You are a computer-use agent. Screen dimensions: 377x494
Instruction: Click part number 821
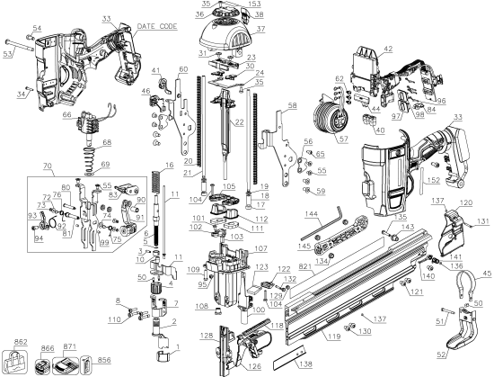coord(306,267)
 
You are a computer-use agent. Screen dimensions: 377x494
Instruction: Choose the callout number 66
coord(66,113)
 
